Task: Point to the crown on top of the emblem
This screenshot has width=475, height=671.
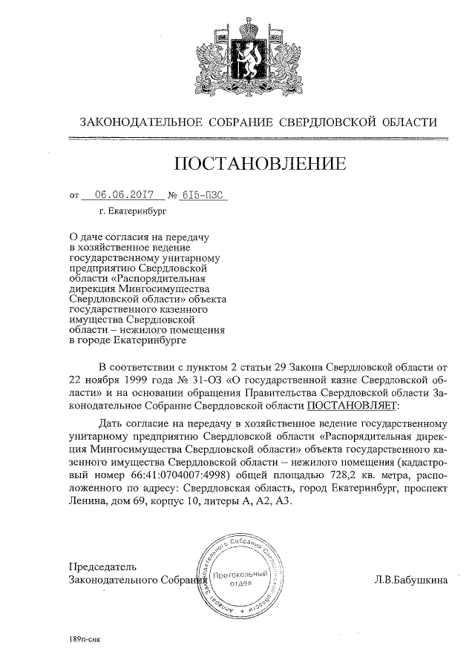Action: coord(251,24)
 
